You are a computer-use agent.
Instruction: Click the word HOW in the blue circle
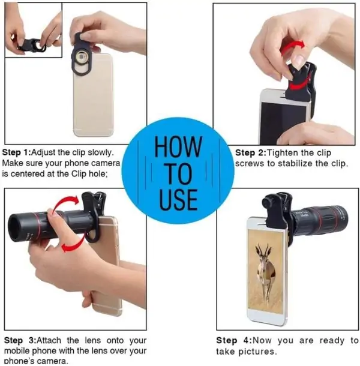[178, 146]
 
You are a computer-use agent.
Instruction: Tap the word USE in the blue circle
[179, 199]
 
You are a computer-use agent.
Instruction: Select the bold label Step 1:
[16, 152]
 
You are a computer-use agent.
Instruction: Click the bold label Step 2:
[251, 153]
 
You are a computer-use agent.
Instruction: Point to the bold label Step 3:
[20, 340]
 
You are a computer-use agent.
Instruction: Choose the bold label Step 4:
[233, 340]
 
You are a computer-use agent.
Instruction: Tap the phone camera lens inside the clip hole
[82, 56]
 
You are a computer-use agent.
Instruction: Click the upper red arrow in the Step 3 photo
[67, 202]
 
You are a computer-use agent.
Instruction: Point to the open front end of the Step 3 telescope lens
[14, 228]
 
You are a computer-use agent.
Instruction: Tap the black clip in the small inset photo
[32, 45]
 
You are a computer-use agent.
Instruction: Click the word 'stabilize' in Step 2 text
[295, 163]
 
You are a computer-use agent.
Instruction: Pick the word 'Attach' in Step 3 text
[49, 340]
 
